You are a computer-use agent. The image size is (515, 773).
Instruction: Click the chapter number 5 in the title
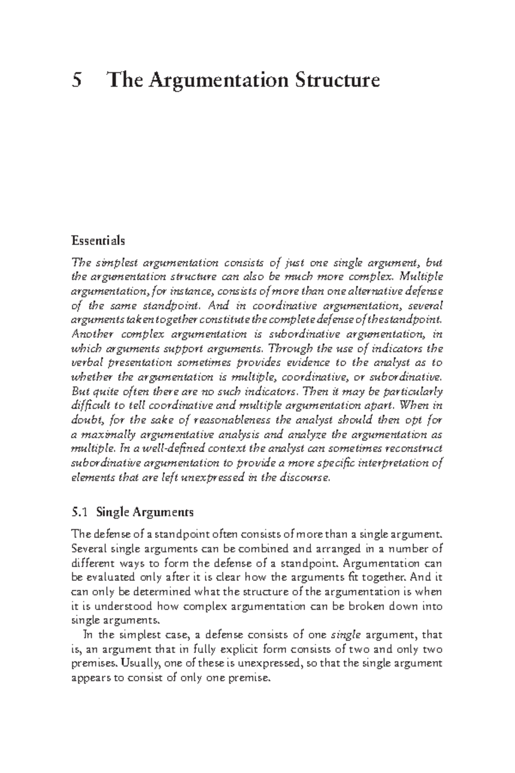[77, 80]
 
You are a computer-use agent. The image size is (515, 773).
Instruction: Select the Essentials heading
[98, 240]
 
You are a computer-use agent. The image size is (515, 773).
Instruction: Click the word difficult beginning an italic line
[88, 405]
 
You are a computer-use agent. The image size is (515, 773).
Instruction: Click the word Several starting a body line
[89, 549]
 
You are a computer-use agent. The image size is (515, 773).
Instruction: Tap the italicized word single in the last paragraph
[346, 635]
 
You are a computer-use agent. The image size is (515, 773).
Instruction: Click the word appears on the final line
[89, 678]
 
